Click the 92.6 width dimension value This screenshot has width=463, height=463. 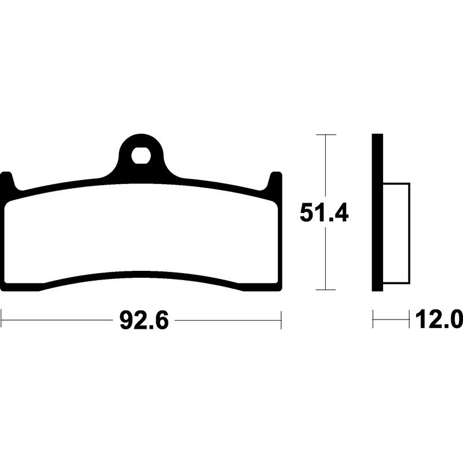(x=144, y=321)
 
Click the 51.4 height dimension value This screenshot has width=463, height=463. (x=324, y=212)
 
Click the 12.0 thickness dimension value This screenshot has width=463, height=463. (x=439, y=319)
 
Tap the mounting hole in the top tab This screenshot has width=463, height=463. (x=141, y=155)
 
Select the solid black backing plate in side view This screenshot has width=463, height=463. (x=377, y=212)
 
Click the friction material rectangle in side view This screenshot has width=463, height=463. (x=396, y=233)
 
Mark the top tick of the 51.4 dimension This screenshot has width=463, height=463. (x=326, y=135)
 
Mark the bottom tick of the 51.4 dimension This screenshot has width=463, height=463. (x=325, y=290)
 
